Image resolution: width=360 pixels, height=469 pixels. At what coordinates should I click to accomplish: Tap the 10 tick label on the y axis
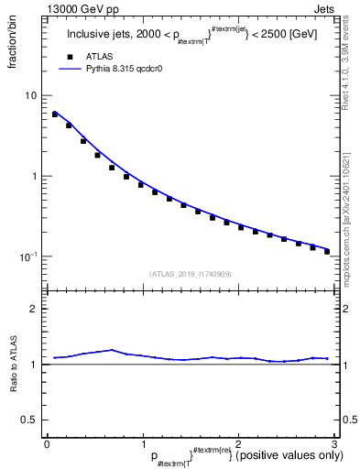(32, 96)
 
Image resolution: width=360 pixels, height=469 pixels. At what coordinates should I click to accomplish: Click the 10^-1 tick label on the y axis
(30, 256)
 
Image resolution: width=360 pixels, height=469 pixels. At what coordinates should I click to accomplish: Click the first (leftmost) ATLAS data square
(55, 115)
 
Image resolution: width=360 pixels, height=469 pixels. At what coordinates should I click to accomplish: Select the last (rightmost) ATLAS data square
(326, 250)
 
